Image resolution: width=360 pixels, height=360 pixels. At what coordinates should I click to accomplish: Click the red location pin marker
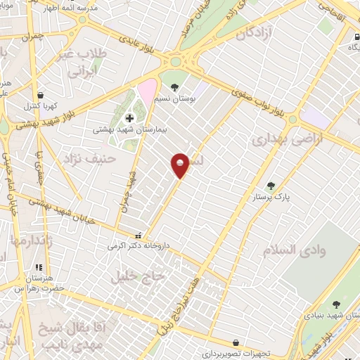click(x=181, y=165)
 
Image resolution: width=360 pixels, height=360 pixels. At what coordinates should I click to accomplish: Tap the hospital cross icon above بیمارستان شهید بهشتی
click(x=128, y=117)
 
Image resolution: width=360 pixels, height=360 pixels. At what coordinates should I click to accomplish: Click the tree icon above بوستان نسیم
click(x=174, y=87)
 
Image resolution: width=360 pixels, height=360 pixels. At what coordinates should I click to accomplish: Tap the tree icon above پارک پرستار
click(x=271, y=186)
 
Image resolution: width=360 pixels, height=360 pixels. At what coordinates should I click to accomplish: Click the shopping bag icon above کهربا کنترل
click(x=40, y=96)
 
